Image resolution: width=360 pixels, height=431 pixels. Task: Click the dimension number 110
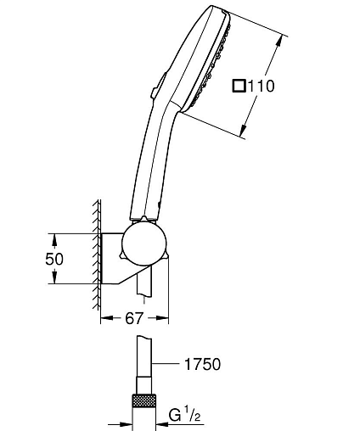[x=262, y=86]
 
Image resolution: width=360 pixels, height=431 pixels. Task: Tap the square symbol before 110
[x=239, y=86]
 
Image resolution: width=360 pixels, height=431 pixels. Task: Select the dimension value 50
[x=54, y=259]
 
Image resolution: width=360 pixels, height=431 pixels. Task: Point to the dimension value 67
[x=134, y=318]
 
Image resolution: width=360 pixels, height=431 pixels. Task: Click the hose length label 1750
[x=202, y=364]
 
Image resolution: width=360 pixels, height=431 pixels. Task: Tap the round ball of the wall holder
[x=144, y=243]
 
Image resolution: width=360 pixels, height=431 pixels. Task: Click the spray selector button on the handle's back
[x=158, y=86]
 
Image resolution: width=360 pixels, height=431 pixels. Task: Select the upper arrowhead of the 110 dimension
[x=279, y=42]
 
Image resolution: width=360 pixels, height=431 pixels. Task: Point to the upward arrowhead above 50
[x=54, y=240]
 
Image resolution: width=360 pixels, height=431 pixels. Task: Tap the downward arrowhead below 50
[x=54, y=277]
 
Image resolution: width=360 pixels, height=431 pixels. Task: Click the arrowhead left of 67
[x=107, y=318]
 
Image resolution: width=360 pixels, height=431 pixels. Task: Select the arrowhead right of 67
[x=162, y=318]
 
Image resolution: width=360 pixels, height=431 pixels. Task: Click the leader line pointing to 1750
[x=166, y=363]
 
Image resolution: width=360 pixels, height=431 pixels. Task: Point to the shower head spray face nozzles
[x=212, y=65]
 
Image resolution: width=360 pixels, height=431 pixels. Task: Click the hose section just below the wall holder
[x=144, y=283]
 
